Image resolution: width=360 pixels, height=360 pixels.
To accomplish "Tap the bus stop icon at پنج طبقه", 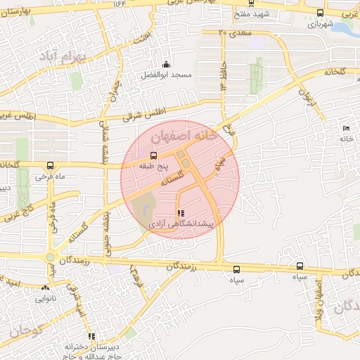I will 154,155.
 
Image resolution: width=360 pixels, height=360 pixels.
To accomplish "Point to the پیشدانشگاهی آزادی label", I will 181,223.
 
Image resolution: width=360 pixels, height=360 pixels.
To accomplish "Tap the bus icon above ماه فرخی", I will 49,167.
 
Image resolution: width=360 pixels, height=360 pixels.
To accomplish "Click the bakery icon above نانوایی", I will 46,288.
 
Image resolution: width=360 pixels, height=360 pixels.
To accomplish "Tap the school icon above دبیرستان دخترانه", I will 89,337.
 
